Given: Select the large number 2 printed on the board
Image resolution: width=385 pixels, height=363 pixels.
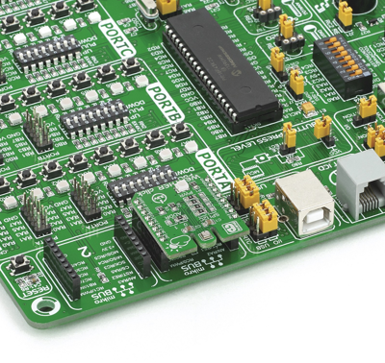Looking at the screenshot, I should tap(86, 252).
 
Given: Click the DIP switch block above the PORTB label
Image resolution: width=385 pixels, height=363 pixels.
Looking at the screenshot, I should tap(93, 118).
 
